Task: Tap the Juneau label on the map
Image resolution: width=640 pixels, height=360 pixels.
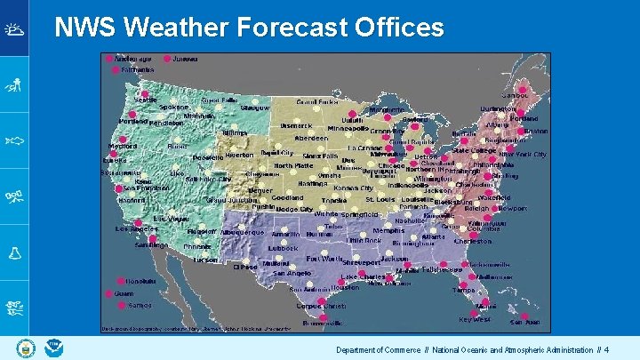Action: coord(185,59)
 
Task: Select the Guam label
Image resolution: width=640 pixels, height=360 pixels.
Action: coord(124,292)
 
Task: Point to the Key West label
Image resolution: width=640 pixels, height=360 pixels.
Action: coord(475,319)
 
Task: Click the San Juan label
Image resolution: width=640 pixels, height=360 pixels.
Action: coord(524,322)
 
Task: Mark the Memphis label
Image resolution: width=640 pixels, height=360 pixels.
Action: coord(388,230)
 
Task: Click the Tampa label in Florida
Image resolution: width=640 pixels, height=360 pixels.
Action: coord(463,290)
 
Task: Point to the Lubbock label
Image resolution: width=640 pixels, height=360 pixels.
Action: coord(284,248)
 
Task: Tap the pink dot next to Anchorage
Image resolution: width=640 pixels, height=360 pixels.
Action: coord(110,59)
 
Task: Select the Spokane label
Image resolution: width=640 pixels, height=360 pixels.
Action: coord(174,107)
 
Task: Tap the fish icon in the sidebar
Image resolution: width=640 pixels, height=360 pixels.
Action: coord(14,140)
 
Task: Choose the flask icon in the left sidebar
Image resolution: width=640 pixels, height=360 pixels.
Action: coord(14,252)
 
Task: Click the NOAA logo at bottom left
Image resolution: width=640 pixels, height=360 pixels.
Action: coord(54,348)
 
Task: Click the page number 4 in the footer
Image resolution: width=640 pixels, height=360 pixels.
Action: coord(606,350)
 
